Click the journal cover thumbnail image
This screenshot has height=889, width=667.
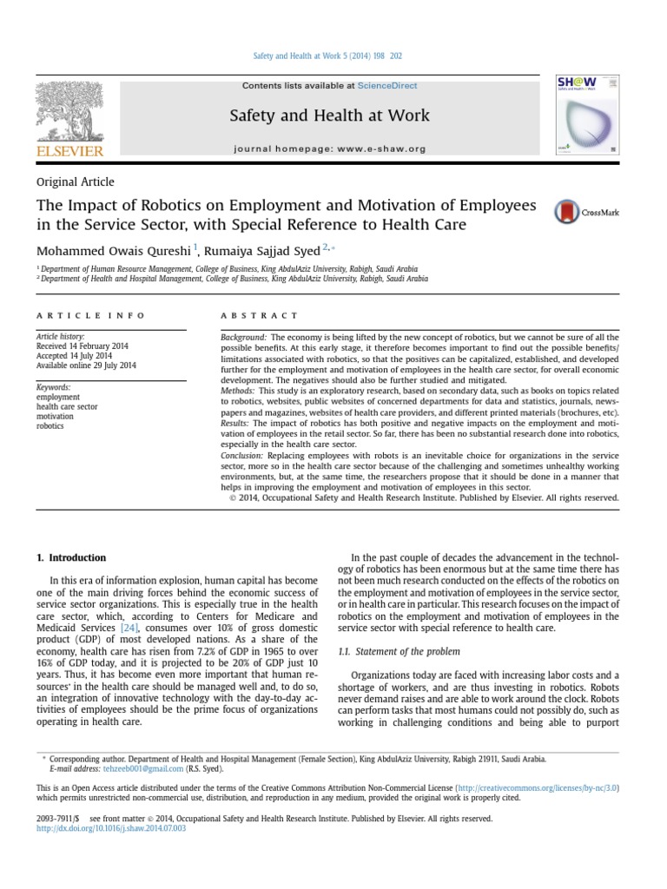tap(588, 114)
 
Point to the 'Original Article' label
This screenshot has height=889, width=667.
tap(76, 181)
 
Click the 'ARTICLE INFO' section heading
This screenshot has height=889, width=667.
tap(91, 315)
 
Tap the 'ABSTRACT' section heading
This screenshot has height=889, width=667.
tap(259, 315)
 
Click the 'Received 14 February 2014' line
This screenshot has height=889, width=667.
tap(82, 346)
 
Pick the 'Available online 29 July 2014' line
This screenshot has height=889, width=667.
tap(87, 365)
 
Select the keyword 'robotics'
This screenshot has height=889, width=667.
tap(51, 426)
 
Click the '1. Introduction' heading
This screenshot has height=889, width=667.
tap(71, 557)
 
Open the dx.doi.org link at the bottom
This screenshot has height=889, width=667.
tap(111, 829)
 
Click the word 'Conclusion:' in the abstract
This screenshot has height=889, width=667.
tap(242, 456)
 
